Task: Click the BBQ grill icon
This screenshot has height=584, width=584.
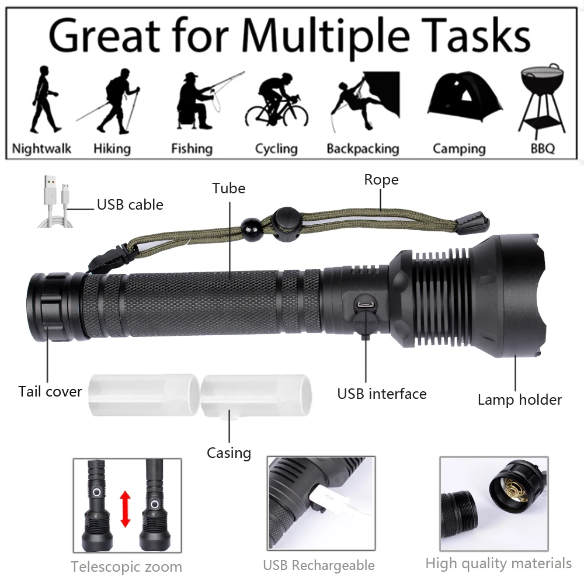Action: pyautogui.click(x=543, y=99)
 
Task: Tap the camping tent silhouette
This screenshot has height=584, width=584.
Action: pyautogui.click(x=465, y=97)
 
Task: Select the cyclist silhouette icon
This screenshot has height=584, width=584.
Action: pyautogui.click(x=277, y=100)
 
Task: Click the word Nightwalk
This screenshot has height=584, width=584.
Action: pyautogui.click(x=41, y=148)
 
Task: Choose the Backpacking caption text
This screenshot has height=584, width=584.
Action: pyautogui.click(x=363, y=148)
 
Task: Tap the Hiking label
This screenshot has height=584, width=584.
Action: pyautogui.click(x=112, y=148)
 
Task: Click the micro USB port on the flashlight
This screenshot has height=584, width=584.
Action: pyautogui.click(x=366, y=304)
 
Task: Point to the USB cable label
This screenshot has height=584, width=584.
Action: pyautogui.click(x=130, y=204)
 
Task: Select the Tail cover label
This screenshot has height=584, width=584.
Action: pyautogui.click(x=50, y=391)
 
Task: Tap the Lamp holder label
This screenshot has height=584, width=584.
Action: pyautogui.click(x=520, y=399)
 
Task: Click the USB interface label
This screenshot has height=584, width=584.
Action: pyautogui.click(x=382, y=394)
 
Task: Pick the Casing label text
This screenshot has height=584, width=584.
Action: pyautogui.click(x=229, y=453)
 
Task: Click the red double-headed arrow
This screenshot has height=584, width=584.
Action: pyautogui.click(x=126, y=509)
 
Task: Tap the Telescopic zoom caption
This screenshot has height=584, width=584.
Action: pyautogui.click(x=127, y=566)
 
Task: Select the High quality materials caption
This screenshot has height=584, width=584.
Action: pyautogui.click(x=498, y=563)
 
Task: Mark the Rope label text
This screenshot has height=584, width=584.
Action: pyautogui.click(x=381, y=180)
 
